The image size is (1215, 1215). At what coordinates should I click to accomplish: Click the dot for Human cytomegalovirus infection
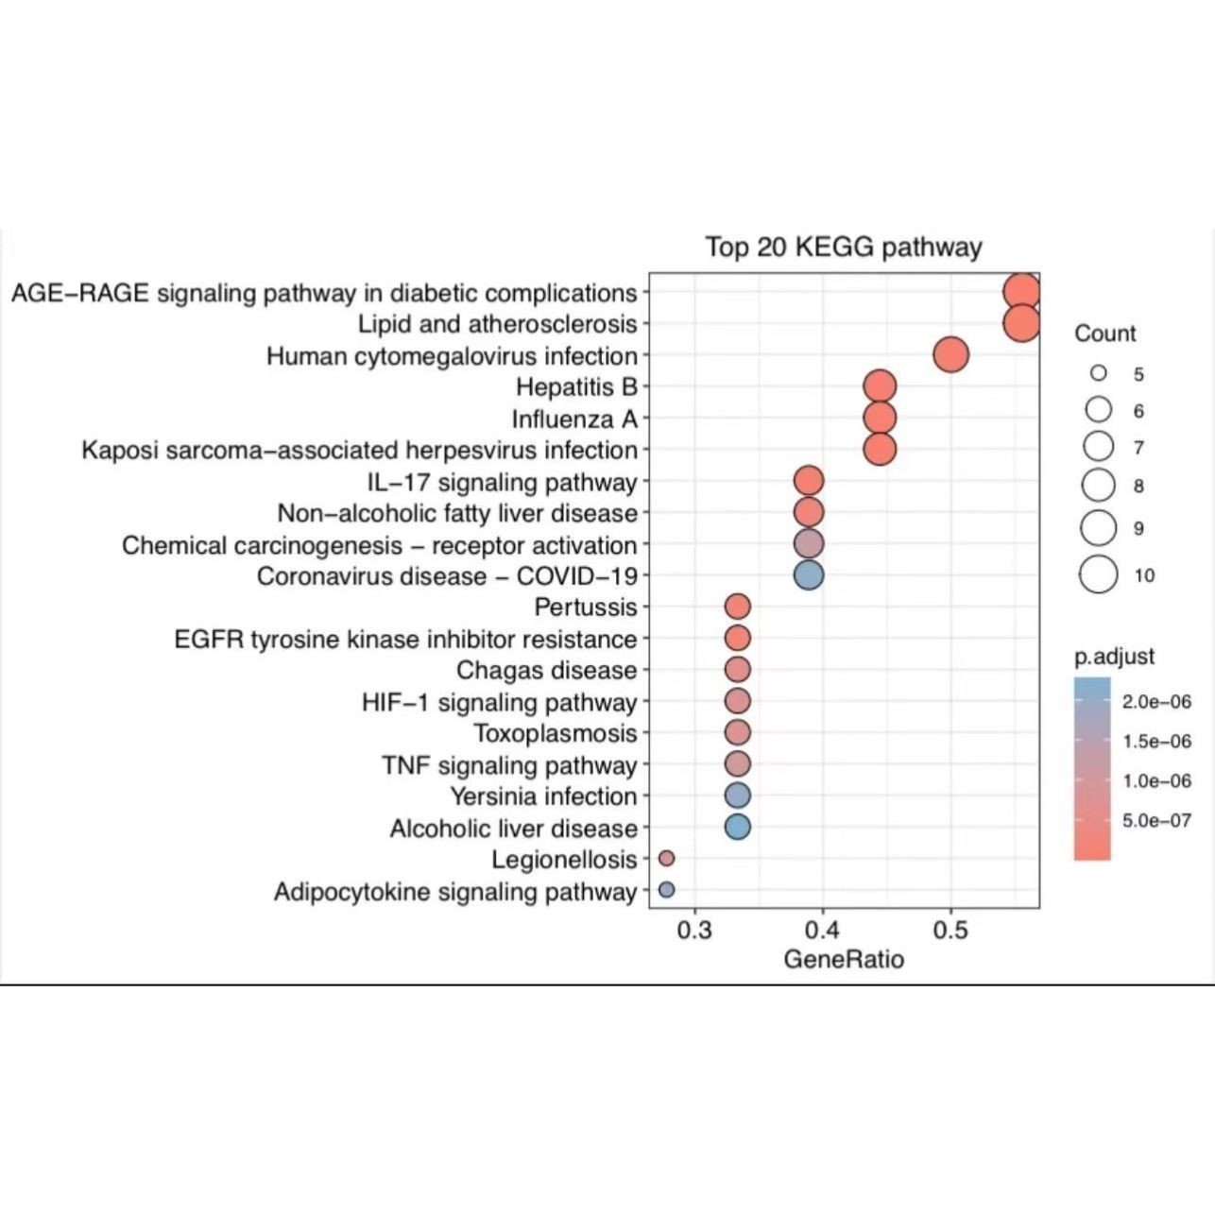pos(950,355)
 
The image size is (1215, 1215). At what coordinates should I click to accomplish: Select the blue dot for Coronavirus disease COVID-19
pos(808,574)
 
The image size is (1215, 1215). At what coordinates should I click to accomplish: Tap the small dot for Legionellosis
pos(666,858)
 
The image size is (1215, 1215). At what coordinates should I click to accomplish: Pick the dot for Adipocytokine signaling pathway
pos(666,890)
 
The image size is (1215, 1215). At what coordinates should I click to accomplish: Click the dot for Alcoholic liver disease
pos(738,827)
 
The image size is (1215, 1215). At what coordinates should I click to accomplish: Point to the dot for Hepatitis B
pos(880,386)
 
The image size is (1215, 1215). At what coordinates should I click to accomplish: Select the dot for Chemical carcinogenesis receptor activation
pos(808,543)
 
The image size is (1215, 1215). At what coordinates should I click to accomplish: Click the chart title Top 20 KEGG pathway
pos(844,248)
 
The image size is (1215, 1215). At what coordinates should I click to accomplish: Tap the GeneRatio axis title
pos(844,960)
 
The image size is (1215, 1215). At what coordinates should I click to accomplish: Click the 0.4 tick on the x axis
pos(823,931)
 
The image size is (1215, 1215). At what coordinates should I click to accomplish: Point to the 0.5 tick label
pos(950,931)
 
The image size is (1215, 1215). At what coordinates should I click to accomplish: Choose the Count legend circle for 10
pos(1100,574)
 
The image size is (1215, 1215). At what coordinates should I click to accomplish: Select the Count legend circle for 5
pos(1099,373)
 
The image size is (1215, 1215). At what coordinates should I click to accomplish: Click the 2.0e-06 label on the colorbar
pos(1156,702)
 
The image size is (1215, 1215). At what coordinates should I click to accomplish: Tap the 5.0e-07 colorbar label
pos(1156,820)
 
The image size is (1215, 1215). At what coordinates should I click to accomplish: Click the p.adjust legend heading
pos(1115,657)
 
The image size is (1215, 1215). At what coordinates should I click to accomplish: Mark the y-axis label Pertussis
pos(586,607)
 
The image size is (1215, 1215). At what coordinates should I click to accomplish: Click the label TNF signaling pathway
pos(510,764)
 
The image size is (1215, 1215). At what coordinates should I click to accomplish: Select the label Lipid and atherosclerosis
pos(498,324)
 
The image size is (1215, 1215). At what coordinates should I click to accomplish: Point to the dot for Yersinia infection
pos(738,796)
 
